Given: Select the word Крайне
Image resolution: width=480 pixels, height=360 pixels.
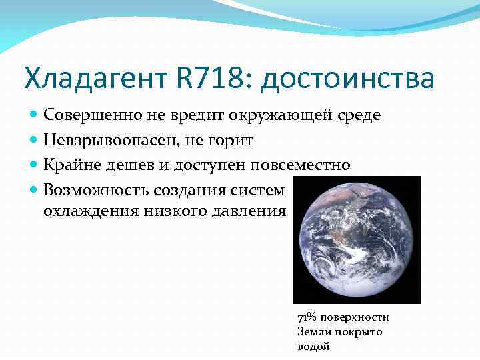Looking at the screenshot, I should click(x=69, y=164).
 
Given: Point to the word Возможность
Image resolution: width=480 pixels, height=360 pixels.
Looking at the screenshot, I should click(x=96, y=189).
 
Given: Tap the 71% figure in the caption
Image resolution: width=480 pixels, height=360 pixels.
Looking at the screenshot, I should click(x=306, y=317).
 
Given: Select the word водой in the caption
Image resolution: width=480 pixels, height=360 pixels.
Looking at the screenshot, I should click(x=313, y=347).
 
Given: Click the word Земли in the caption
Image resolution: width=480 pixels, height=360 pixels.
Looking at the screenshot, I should click(x=312, y=332).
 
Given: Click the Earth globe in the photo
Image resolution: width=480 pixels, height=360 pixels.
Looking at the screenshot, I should click(x=356, y=239).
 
